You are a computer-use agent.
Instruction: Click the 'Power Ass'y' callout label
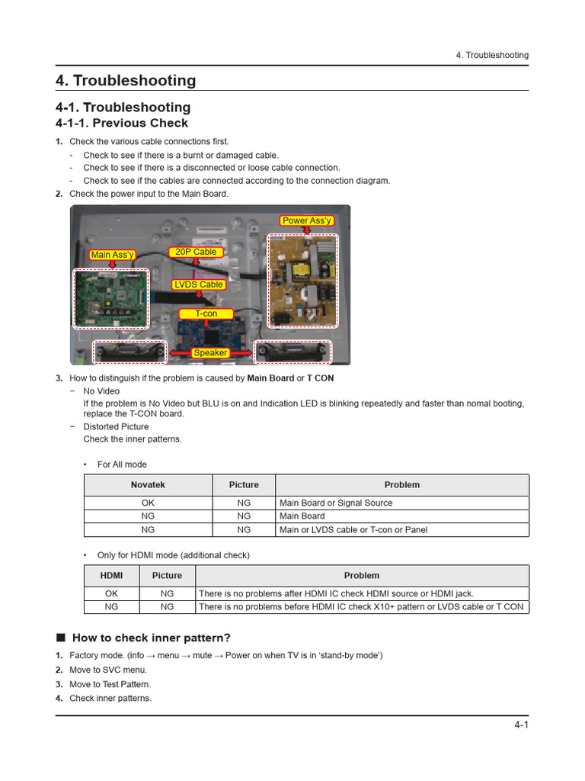(x=307, y=220)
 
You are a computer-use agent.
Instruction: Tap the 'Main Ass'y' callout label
(x=112, y=255)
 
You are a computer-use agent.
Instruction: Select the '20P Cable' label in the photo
(x=196, y=252)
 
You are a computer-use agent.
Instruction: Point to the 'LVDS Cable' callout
(x=199, y=284)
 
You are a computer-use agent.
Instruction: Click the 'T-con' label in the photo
(x=206, y=313)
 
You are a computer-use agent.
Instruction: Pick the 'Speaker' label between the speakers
(x=210, y=353)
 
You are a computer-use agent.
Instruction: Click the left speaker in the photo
(x=129, y=352)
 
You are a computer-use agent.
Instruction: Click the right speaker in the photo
(x=292, y=352)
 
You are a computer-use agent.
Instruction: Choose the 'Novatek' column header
(x=148, y=485)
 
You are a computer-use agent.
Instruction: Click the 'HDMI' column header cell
(x=111, y=576)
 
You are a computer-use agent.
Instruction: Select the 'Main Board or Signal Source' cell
(x=336, y=503)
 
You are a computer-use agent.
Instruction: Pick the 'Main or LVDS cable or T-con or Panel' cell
(x=353, y=530)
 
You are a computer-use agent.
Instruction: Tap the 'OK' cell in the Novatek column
(x=148, y=503)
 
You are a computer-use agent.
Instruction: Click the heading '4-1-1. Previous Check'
(x=122, y=124)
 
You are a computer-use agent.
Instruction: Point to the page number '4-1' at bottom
(x=520, y=725)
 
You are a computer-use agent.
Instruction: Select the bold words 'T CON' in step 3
(x=320, y=378)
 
